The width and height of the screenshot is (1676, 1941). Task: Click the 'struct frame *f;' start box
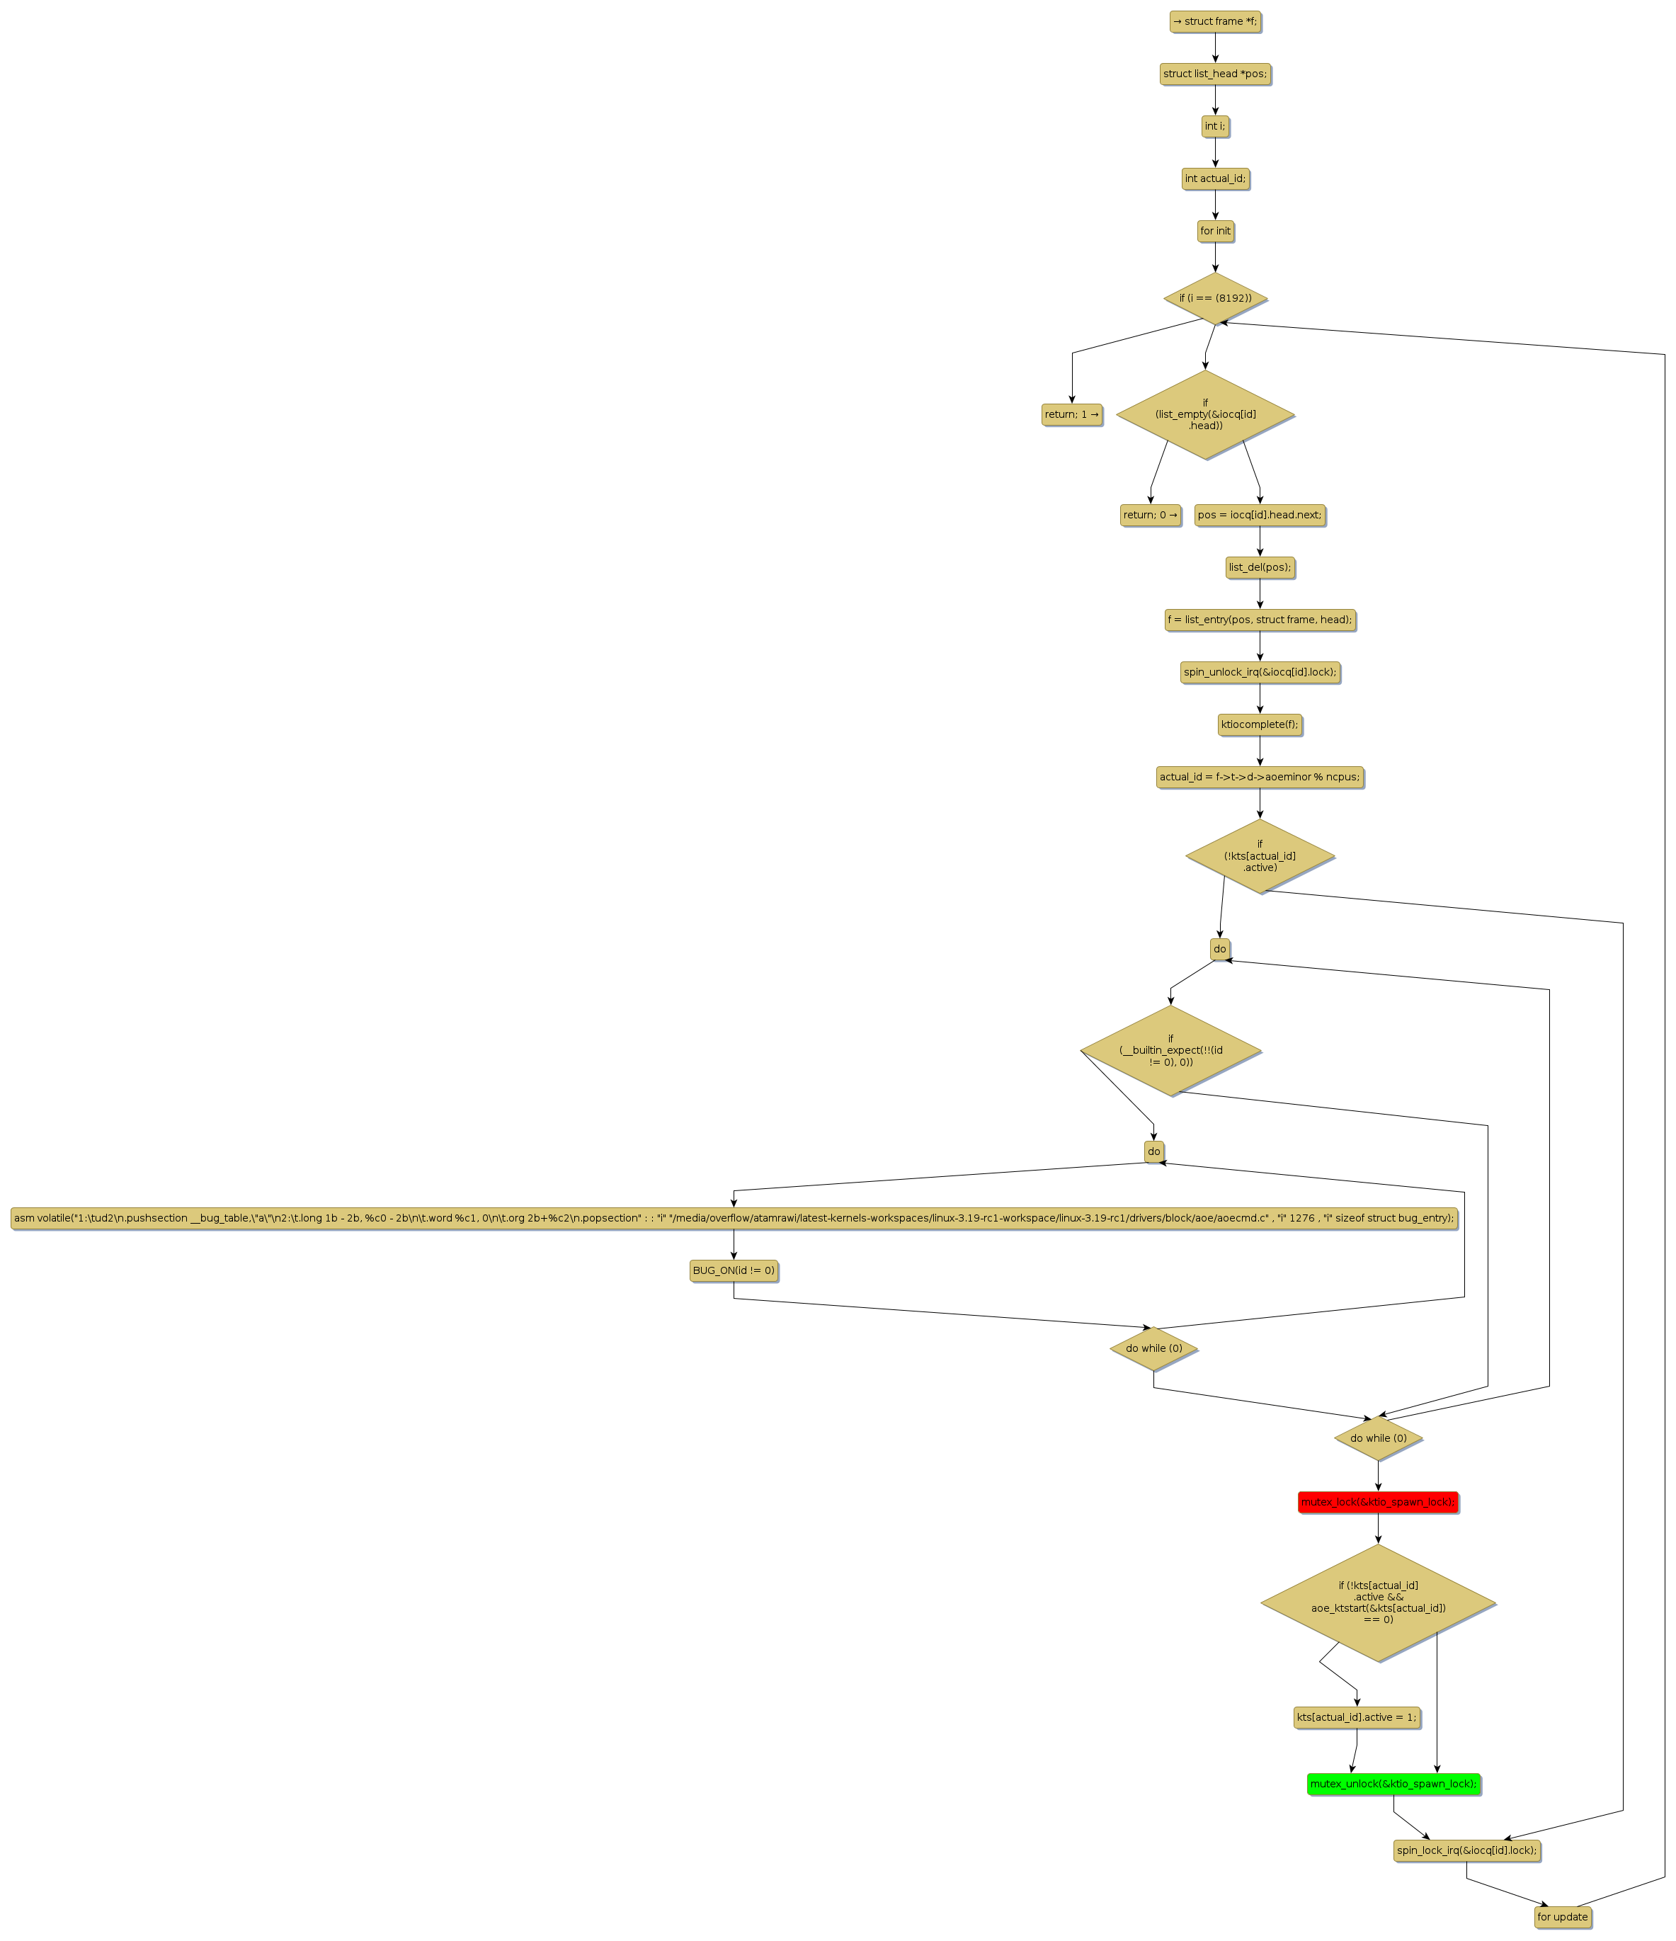(1214, 21)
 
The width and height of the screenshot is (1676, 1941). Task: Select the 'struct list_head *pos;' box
(1214, 74)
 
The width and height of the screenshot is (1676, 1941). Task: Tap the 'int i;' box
(1214, 127)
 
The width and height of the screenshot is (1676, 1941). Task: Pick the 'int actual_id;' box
(1214, 179)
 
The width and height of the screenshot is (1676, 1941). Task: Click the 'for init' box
(1214, 232)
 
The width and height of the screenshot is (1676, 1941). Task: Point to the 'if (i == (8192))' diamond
(1214, 299)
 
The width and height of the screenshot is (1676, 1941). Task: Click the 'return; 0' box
(1149, 516)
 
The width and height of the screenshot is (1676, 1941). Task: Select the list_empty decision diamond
(1204, 414)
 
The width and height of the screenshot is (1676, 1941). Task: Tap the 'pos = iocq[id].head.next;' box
(1259, 516)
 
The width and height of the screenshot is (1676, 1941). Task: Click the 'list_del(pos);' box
(1259, 568)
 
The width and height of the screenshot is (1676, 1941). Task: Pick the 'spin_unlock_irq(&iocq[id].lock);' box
(1259, 672)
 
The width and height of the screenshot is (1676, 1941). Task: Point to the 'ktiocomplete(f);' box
(1259, 724)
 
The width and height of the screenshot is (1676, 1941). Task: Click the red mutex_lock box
(1377, 1502)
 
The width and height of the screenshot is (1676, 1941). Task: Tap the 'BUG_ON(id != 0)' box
(734, 1270)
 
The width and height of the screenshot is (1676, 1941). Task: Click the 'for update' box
(1562, 1917)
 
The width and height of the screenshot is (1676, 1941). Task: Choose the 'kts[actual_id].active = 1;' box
(1356, 1717)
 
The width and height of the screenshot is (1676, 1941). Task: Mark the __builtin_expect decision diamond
(1170, 1050)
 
